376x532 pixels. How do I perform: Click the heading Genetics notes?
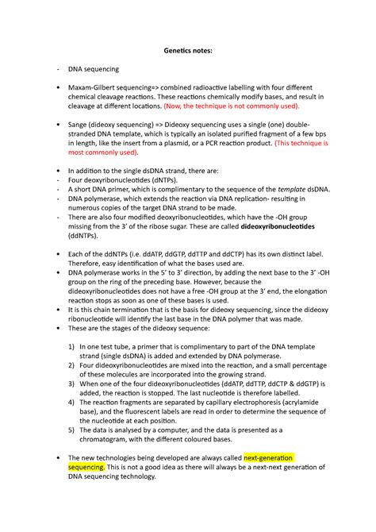coord(188,51)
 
